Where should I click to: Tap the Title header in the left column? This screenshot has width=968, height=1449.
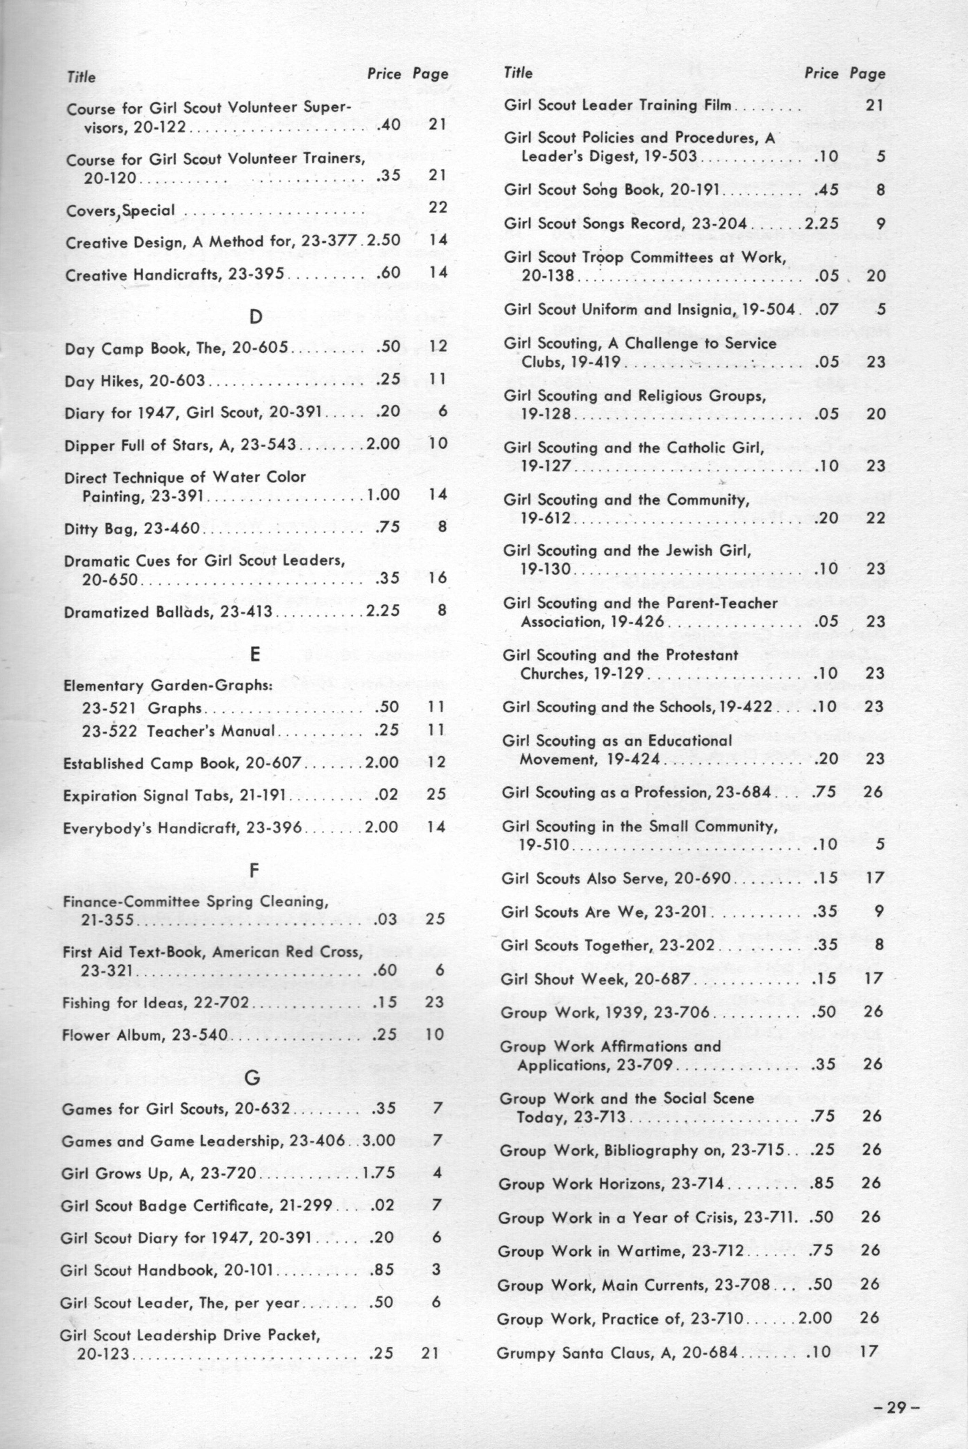pos(81,77)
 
